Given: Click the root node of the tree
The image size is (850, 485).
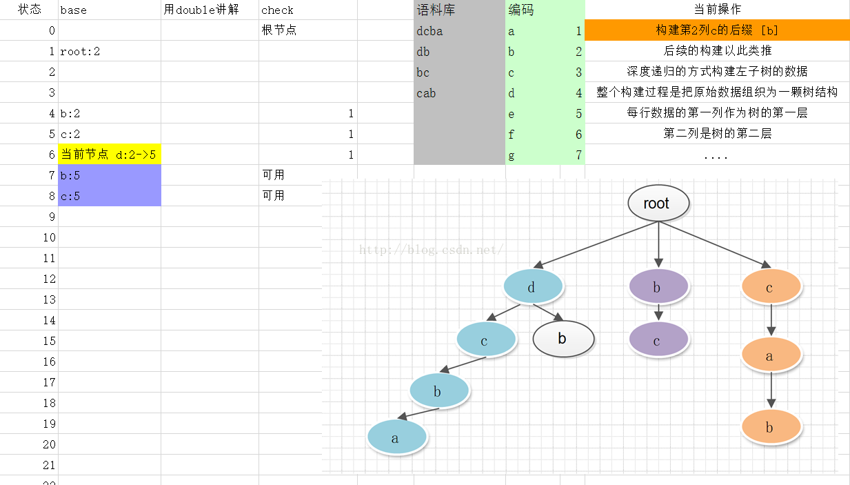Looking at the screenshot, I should (x=658, y=204).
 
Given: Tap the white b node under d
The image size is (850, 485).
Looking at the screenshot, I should (x=563, y=339).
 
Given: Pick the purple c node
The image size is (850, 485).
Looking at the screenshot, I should (x=658, y=340).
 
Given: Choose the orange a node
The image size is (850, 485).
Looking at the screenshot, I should (x=771, y=356).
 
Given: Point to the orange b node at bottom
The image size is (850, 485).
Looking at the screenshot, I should (x=771, y=427).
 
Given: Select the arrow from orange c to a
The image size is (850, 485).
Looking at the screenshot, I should (x=771, y=321).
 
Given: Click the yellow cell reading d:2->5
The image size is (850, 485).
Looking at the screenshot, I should (x=109, y=155).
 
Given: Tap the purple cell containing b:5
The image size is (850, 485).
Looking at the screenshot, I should (x=109, y=175).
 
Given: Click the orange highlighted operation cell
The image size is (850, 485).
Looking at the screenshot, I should (x=717, y=30).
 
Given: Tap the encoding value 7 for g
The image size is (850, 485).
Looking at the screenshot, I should (x=578, y=155).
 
